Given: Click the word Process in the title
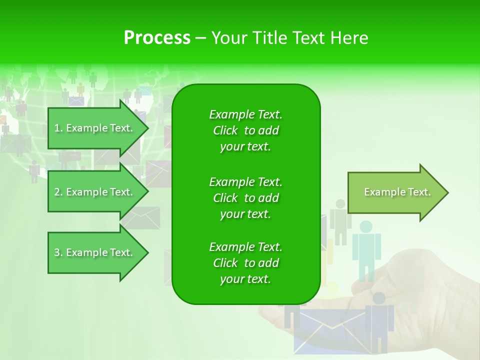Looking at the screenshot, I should click(157, 38).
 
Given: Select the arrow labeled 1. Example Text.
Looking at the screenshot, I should click(95, 128).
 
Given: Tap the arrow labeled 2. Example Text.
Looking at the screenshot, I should click(95, 192).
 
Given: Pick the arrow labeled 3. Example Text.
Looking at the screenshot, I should click(95, 252).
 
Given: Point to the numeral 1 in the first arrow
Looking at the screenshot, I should click(57, 128).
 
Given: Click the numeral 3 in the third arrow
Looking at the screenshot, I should click(57, 252).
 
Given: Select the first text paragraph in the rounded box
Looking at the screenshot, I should click(245, 130).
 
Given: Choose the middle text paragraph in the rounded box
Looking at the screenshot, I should click(245, 197).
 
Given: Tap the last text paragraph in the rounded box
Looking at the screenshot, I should click(245, 263).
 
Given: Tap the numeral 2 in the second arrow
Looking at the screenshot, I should click(57, 192).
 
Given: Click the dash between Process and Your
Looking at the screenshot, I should click(200, 38).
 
